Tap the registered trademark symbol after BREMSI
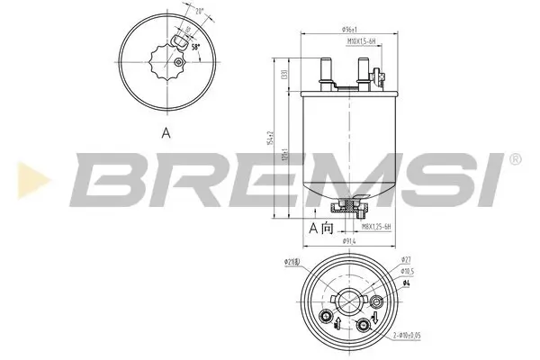point(515,159)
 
